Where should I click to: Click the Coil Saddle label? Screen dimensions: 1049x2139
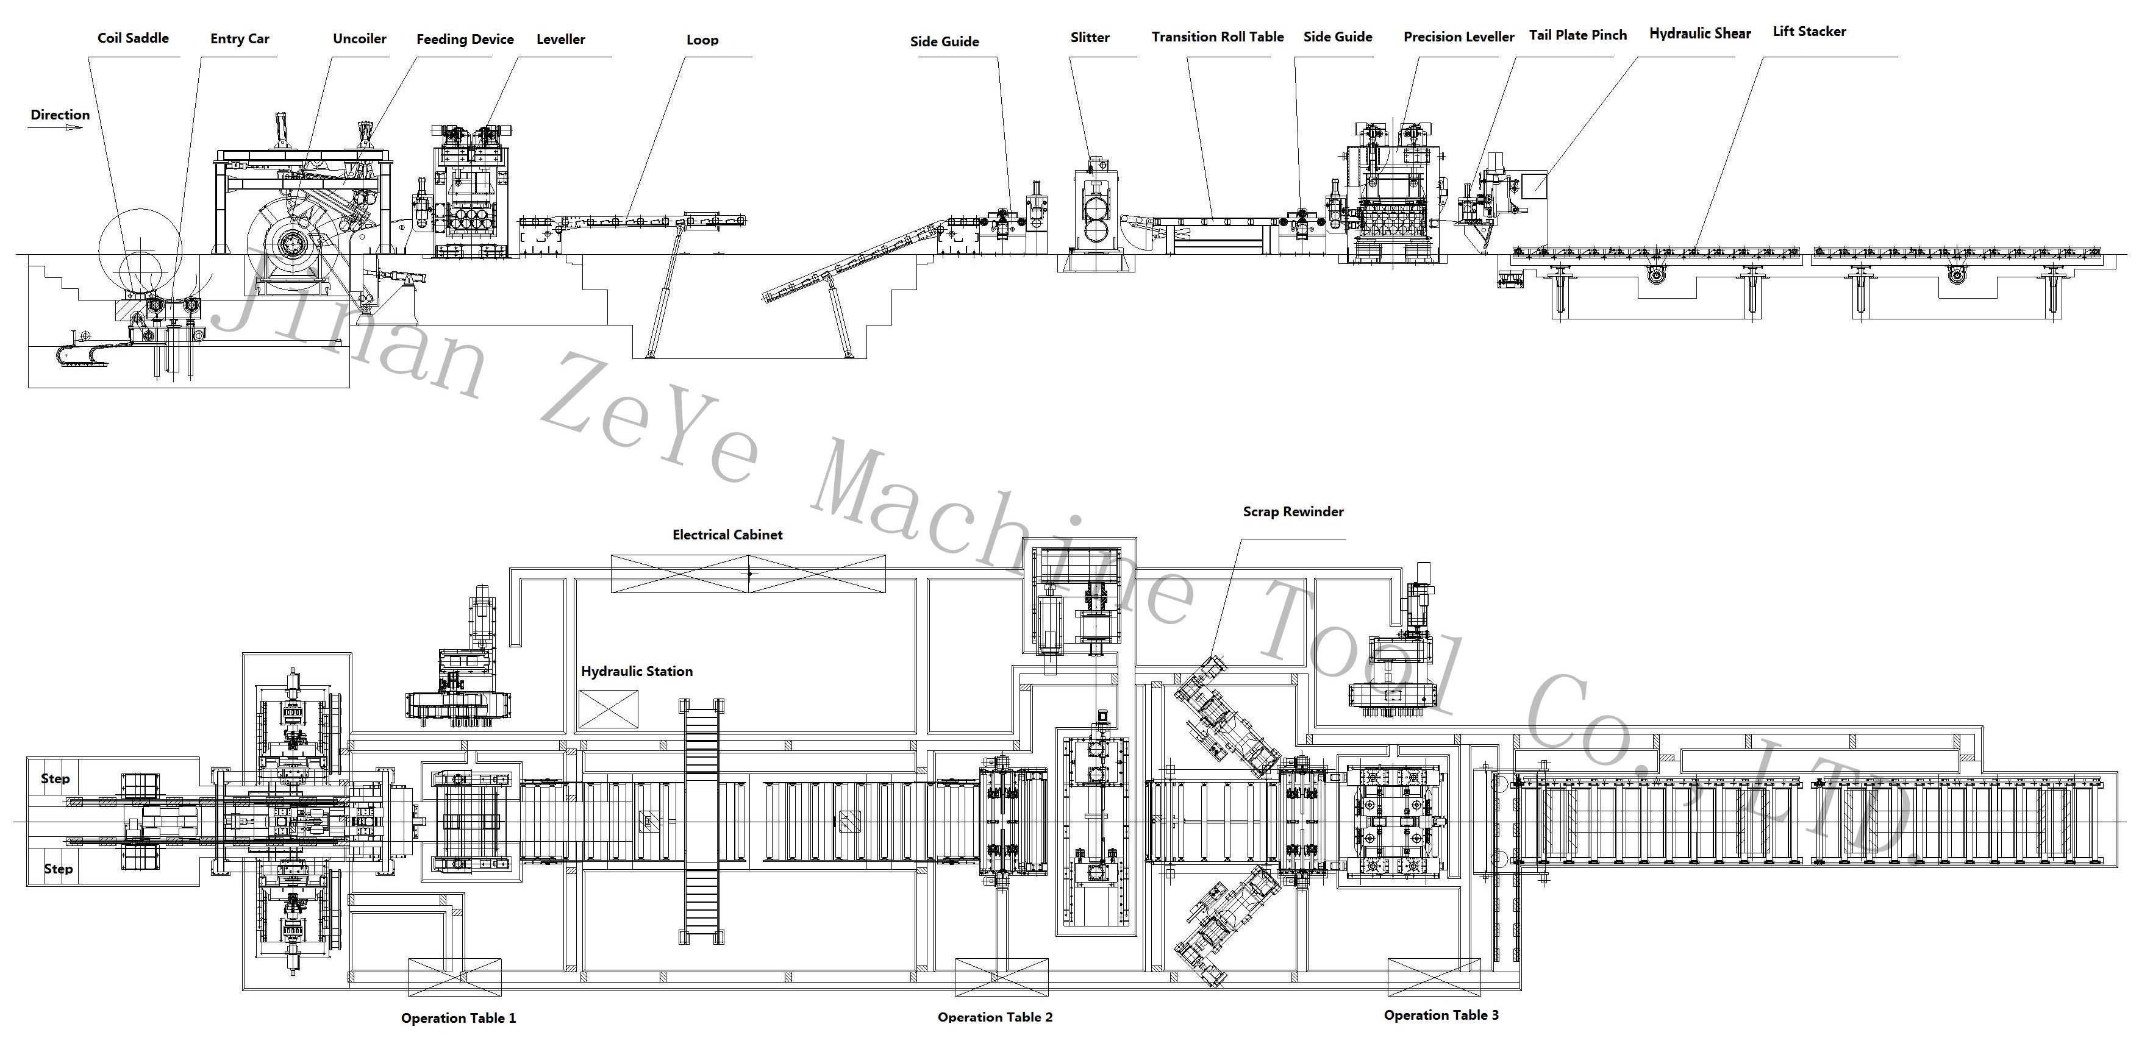coord(133,38)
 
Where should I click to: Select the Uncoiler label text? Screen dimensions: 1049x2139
coord(360,39)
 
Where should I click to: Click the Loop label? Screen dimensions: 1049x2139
coord(702,40)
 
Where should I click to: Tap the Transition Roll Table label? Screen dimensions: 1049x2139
coord(1217,37)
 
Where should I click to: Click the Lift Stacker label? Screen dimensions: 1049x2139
coord(1809,32)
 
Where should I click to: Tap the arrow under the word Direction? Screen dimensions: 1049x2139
coord(57,129)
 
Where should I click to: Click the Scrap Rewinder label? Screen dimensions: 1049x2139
coord(1293,512)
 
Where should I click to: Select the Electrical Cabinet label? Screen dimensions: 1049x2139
coord(727,535)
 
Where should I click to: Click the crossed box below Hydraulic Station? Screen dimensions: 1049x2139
coord(609,709)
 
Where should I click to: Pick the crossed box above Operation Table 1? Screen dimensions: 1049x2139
coord(454,977)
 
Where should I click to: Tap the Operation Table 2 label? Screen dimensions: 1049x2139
coord(995,1017)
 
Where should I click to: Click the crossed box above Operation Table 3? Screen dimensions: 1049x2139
coord(1434,977)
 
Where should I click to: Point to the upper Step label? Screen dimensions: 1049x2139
coord(55,778)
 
